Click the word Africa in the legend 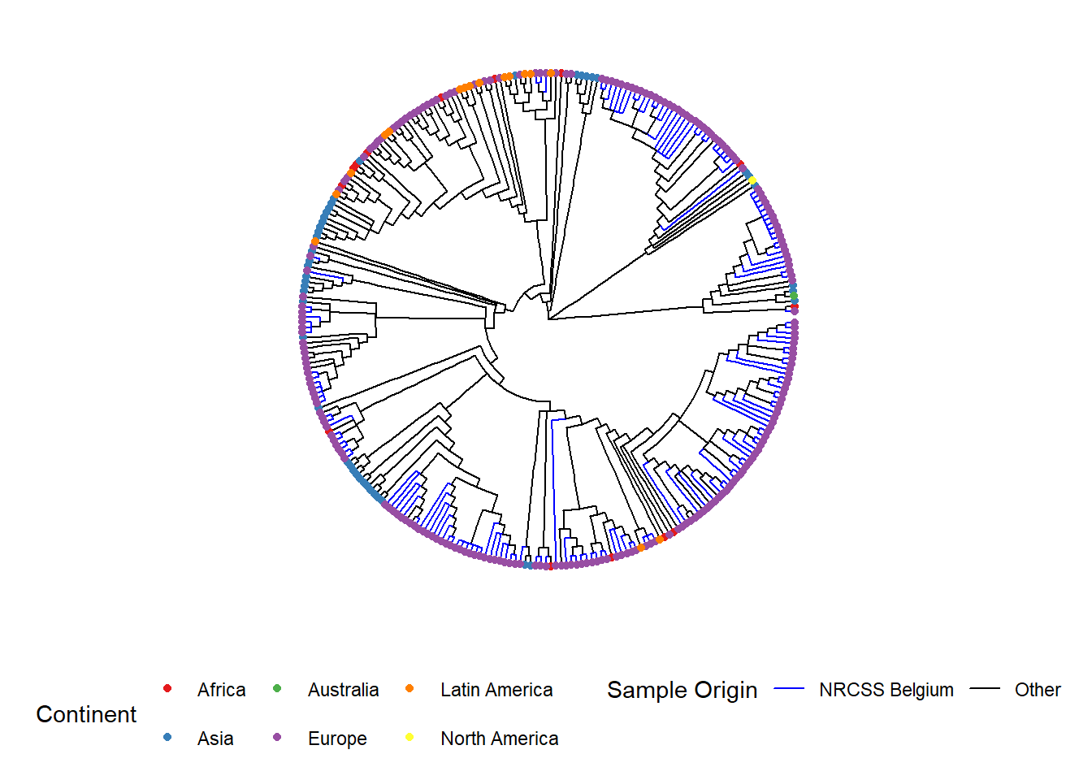(x=221, y=690)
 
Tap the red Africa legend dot (x=167, y=688)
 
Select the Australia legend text (x=343, y=690)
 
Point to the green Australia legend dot (x=277, y=688)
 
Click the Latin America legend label (x=496, y=690)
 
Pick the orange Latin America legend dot (x=409, y=688)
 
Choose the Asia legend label (x=215, y=739)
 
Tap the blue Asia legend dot (x=167, y=737)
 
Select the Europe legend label (x=337, y=739)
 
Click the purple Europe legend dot (x=277, y=737)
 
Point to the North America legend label (x=500, y=739)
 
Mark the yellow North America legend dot (x=409, y=737)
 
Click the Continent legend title (x=86, y=714)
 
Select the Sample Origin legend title (x=682, y=691)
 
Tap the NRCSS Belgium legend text (x=886, y=690)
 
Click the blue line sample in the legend (x=789, y=688)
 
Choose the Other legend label (x=1038, y=690)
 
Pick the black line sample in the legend (x=985, y=688)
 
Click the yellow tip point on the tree (x=752, y=181)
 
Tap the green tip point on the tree (x=794, y=296)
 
